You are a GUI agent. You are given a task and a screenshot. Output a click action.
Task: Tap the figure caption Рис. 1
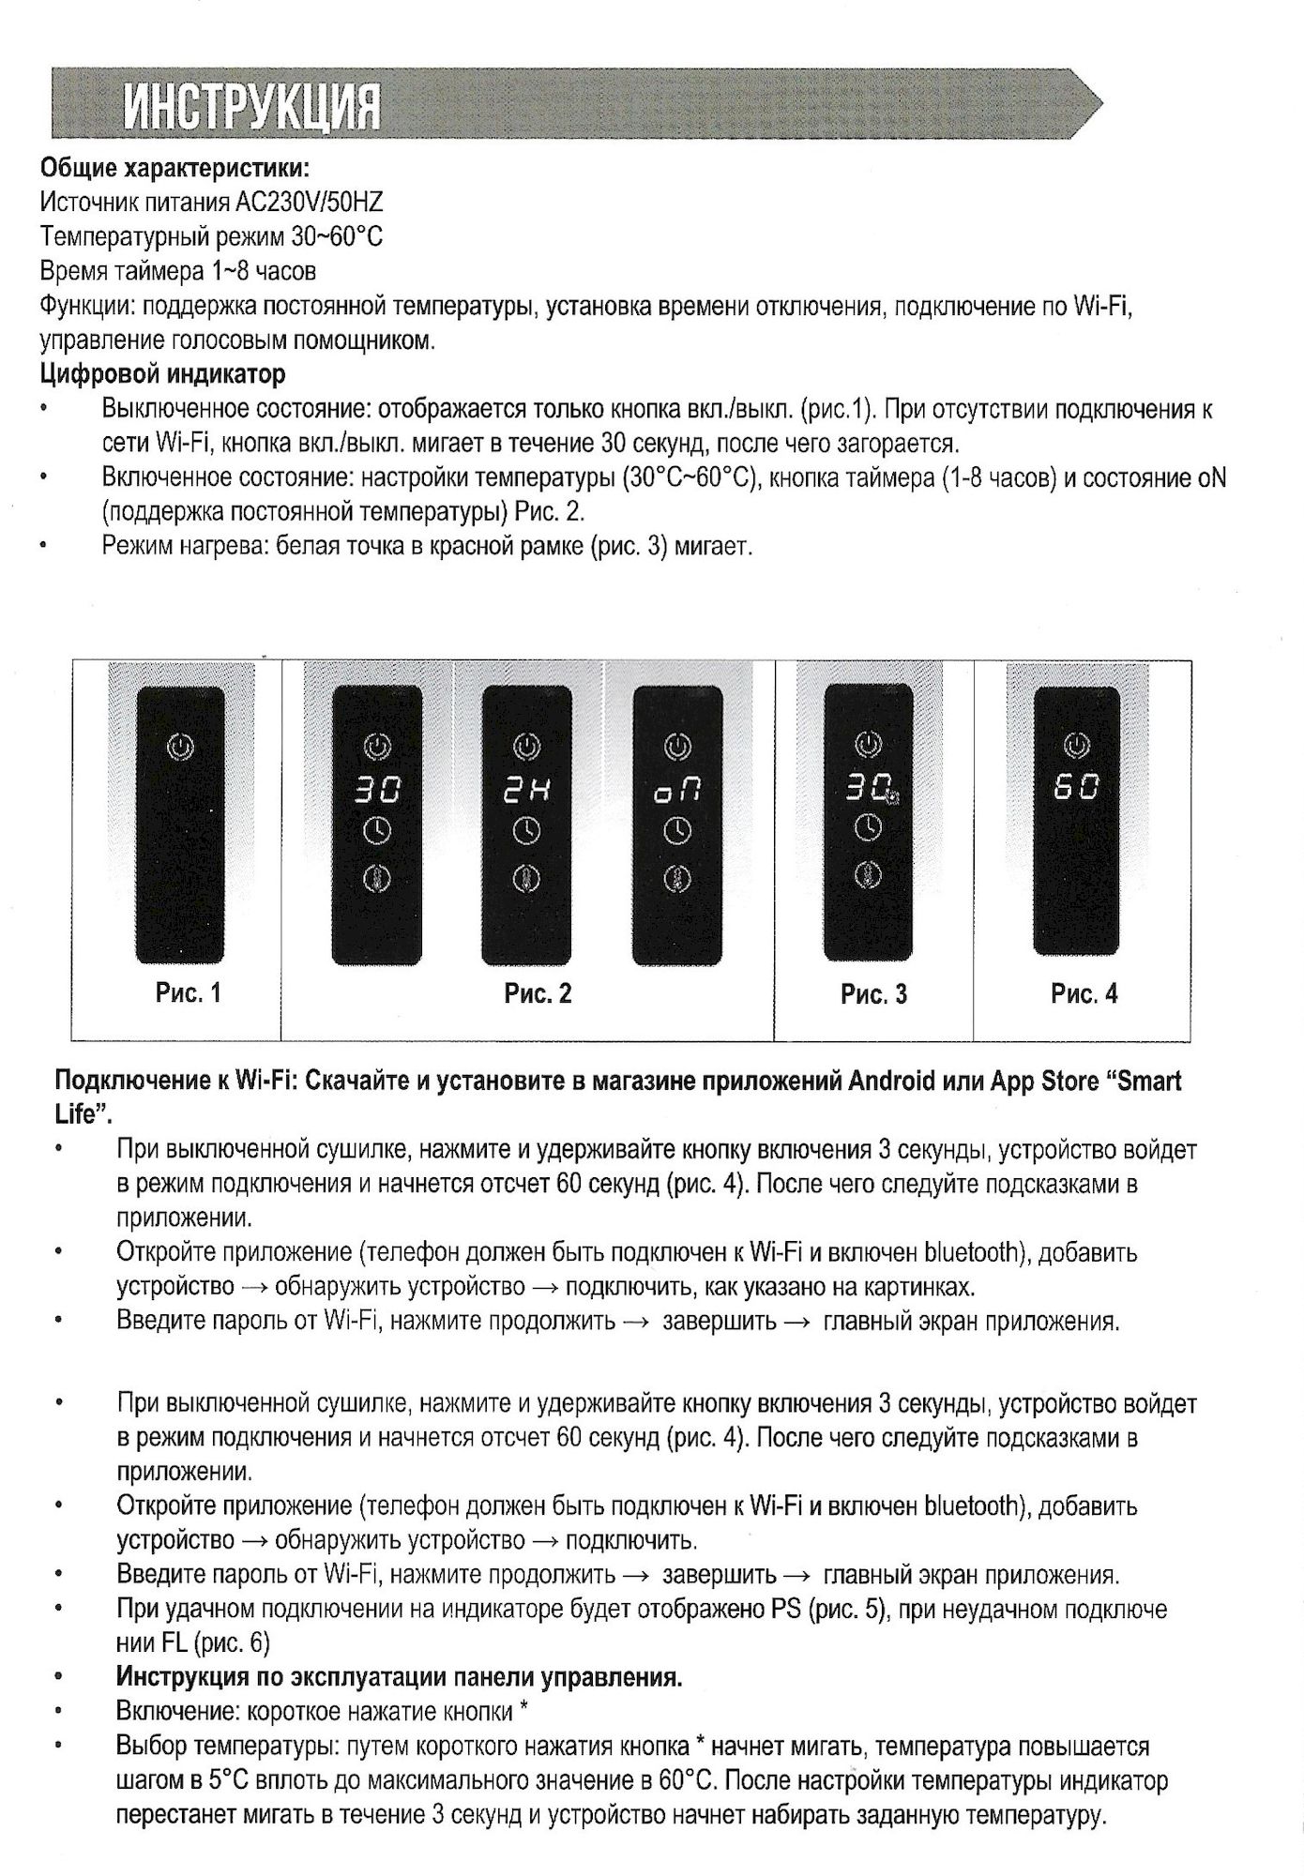(189, 992)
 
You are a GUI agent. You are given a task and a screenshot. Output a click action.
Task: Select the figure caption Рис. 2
(538, 993)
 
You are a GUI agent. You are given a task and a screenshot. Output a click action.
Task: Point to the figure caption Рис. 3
(873, 994)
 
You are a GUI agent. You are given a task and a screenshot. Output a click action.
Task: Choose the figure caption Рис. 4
(1084, 993)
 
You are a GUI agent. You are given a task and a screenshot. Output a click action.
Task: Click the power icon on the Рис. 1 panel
(181, 747)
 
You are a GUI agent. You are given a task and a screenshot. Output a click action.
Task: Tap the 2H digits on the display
(527, 792)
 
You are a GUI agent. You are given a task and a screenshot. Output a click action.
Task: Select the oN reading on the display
(677, 793)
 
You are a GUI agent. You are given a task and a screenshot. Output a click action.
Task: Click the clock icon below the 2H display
(527, 831)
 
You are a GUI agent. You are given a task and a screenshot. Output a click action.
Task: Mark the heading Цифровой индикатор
(162, 374)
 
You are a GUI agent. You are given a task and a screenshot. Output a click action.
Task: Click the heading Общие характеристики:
(174, 169)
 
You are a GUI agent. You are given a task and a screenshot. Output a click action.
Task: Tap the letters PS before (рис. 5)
(785, 1609)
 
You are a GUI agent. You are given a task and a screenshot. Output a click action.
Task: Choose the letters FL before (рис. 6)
(175, 1642)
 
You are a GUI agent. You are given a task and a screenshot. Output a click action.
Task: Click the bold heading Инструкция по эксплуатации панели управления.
(399, 1676)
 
